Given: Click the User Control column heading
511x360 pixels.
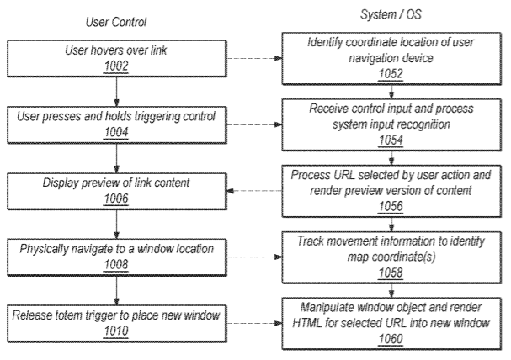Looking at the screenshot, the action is click(116, 22).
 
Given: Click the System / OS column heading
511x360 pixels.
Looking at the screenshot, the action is click(391, 14).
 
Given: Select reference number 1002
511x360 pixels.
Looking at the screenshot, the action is click(116, 66).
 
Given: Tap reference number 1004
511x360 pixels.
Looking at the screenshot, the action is click(116, 133).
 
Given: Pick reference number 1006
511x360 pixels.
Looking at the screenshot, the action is click(116, 199).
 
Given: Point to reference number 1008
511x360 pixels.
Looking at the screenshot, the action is click(116, 265).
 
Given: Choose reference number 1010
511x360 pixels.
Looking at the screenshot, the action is click(116, 331).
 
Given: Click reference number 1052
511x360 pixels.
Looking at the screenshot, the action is click(391, 74).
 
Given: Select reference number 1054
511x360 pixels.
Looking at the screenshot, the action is click(391, 140).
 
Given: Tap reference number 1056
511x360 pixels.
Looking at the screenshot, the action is click(391, 206).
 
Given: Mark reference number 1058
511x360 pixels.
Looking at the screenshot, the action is click(391, 273).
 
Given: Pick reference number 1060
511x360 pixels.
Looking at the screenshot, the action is click(391, 339).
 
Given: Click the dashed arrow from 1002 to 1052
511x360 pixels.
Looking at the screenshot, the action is click(254, 58).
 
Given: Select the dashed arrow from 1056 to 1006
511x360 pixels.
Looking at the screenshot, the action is click(254, 191).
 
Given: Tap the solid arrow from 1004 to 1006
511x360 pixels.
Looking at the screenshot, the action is click(117, 158).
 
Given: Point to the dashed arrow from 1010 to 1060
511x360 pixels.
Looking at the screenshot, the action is click(254, 323).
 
